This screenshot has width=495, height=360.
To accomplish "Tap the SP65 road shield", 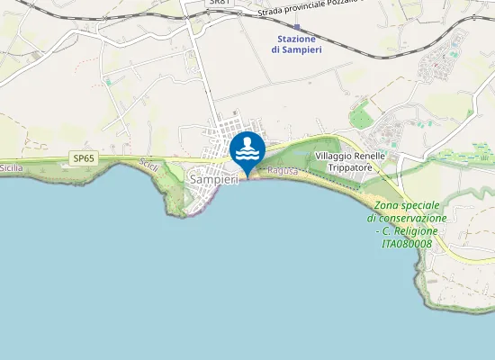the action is tap(84, 159).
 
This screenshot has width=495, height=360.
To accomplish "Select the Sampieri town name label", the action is tap(213, 180).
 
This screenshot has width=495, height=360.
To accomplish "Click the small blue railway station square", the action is tap(297, 27).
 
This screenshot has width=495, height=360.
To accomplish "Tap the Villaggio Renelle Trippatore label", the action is tap(351, 162).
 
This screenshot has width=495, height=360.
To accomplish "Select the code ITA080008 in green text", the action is tap(407, 243).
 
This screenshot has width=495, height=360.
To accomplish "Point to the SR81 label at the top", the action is tap(219, 3).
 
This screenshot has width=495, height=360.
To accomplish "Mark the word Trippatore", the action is tap(351, 168).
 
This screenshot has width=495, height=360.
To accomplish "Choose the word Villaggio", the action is tap(334, 157).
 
